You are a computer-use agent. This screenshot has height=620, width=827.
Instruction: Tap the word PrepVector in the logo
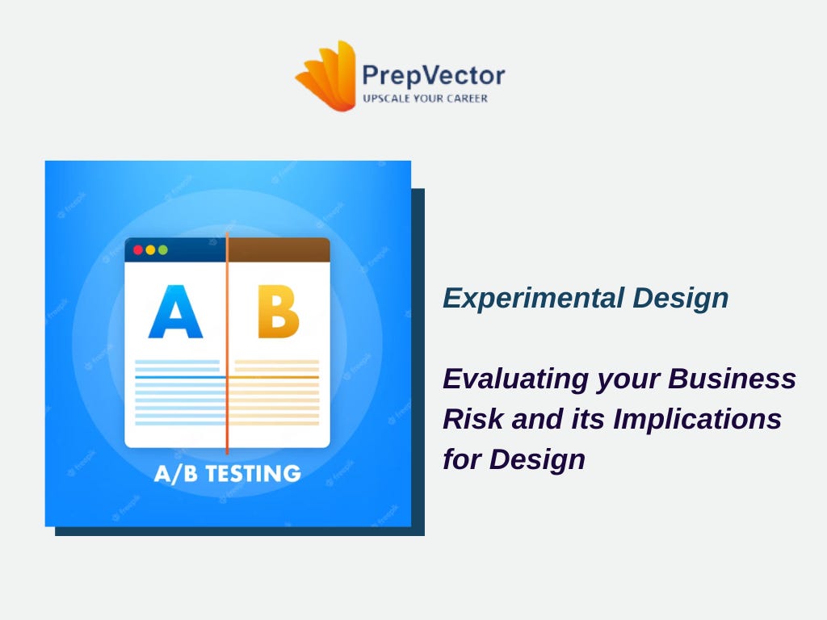pos(433,76)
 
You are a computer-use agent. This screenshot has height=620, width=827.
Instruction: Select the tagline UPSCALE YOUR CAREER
pos(425,98)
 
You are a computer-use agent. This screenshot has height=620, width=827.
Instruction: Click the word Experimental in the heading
pos(533,298)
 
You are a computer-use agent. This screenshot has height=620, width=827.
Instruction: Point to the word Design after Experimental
pos(680,298)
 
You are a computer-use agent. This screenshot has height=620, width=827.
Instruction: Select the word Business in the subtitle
pos(732,379)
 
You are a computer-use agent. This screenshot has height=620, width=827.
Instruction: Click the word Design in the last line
pos(537,459)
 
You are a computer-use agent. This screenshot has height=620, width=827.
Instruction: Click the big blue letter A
pos(175,312)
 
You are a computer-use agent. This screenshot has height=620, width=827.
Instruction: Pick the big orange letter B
pos(278,312)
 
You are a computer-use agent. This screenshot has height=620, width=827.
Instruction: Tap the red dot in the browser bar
pos(138,249)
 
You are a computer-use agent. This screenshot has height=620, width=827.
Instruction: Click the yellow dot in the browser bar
pos(150,249)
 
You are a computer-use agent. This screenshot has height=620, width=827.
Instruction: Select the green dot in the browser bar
pos(162,249)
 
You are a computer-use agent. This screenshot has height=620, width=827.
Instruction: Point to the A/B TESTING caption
pos(227,473)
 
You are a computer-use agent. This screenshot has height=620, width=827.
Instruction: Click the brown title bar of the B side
pos(279,250)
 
